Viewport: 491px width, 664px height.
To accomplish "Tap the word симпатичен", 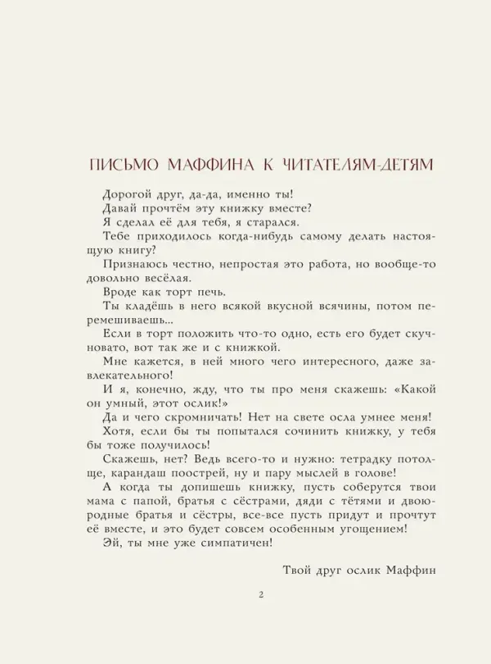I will click(x=222, y=543).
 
